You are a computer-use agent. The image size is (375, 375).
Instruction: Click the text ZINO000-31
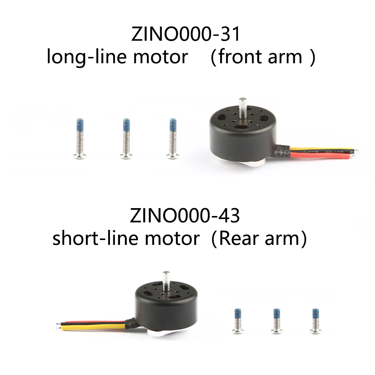coord(185,36)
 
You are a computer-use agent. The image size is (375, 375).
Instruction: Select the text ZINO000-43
coord(185,217)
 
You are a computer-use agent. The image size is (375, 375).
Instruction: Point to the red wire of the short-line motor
coord(94,323)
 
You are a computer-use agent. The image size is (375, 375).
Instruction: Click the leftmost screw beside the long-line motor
coord(80,139)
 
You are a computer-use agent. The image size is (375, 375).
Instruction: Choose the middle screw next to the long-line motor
coord(126,139)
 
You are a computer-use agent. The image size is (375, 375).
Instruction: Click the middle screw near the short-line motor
coord(276,321)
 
